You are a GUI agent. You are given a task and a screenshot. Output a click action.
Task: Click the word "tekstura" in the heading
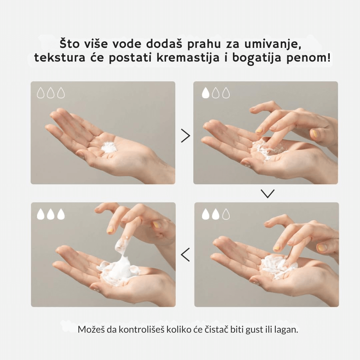click(x=60, y=58)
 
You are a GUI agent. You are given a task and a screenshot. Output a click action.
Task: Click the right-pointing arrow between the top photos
click(x=185, y=136)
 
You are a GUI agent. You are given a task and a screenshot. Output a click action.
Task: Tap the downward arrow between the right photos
click(x=268, y=194)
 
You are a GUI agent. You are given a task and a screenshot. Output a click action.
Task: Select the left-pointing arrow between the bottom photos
click(x=185, y=255)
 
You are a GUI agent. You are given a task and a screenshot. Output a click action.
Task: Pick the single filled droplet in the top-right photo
click(x=206, y=93)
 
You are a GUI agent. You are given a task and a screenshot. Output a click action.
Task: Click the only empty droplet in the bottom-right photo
click(x=226, y=214)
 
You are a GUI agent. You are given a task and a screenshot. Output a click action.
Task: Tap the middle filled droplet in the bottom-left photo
click(x=51, y=214)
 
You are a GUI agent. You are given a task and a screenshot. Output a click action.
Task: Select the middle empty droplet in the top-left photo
click(x=51, y=93)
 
